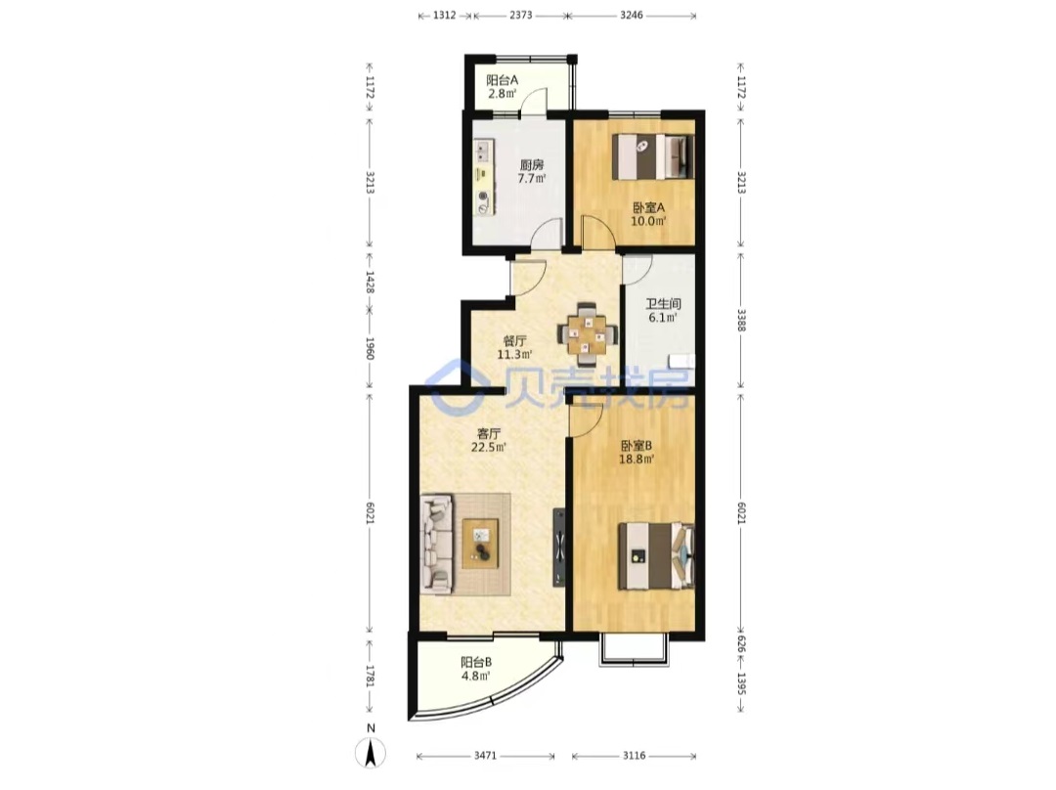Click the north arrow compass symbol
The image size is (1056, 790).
pos(371,752)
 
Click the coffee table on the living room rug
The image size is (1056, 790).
pos(480,545)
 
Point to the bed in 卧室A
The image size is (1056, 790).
pos(652,156)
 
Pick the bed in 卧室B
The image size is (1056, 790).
pos(656,556)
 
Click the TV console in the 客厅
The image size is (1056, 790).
pos(559,547)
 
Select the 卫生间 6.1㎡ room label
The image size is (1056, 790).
pos(663,311)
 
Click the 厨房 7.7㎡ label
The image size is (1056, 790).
pos(531,171)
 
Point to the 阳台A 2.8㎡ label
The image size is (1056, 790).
pos(502,86)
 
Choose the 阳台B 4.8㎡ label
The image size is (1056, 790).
pos(475,669)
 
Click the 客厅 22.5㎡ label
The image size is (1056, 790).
pos(489,440)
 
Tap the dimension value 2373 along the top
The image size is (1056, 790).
pos(520,15)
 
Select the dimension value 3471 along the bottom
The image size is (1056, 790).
pos(485,756)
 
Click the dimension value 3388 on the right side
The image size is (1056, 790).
pos(741,320)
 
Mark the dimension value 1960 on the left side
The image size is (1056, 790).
pos(369,348)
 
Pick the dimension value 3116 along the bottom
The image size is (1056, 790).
pos(634,756)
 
